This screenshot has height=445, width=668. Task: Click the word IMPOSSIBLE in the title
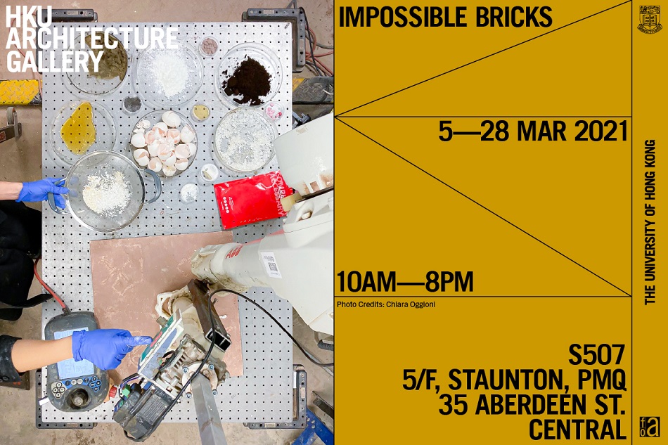(x=396, y=18)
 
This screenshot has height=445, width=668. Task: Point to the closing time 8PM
(x=449, y=282)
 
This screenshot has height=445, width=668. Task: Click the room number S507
(x=596, y=355)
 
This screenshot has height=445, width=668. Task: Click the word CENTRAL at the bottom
(x=577, y=430)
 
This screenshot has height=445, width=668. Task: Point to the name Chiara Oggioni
(x=411, y=304)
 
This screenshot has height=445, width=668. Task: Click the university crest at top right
(x=650, y=19)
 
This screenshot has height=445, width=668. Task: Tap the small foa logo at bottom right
(x=650, y=427)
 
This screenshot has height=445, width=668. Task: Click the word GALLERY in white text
(x=55, y=62)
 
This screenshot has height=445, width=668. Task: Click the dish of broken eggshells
(x=163, y=143)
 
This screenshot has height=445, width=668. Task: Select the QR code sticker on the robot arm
(x=271, y=265)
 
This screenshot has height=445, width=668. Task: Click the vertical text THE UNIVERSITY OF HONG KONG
(x=650, y=222)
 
